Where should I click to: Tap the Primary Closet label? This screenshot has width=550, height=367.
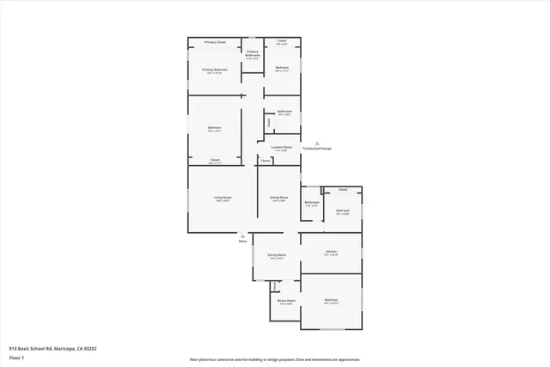click(x=215, y=41)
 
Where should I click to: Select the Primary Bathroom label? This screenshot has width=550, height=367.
click(x=253, y=54)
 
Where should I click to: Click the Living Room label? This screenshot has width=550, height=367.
click(x=223, y=198)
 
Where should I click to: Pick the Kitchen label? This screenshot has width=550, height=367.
click(x=331, y=251)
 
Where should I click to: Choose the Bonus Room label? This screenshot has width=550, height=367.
click(x=285, y=301)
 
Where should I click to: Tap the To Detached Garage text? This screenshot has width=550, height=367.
click(x=317, y=149)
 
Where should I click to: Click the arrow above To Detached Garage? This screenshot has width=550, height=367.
click(x=317, y=141)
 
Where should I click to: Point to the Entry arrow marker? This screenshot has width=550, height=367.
click(x=242, y=235)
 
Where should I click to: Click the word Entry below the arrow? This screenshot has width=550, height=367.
click(x=242, y=242)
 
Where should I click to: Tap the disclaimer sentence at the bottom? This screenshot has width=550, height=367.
click(x=274, y=359)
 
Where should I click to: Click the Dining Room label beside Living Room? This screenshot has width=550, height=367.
click(x=278, y=198)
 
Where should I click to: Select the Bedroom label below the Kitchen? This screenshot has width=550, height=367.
click(x=331, y=301)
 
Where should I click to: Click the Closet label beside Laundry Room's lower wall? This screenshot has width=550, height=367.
click(x=266, y=161)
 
